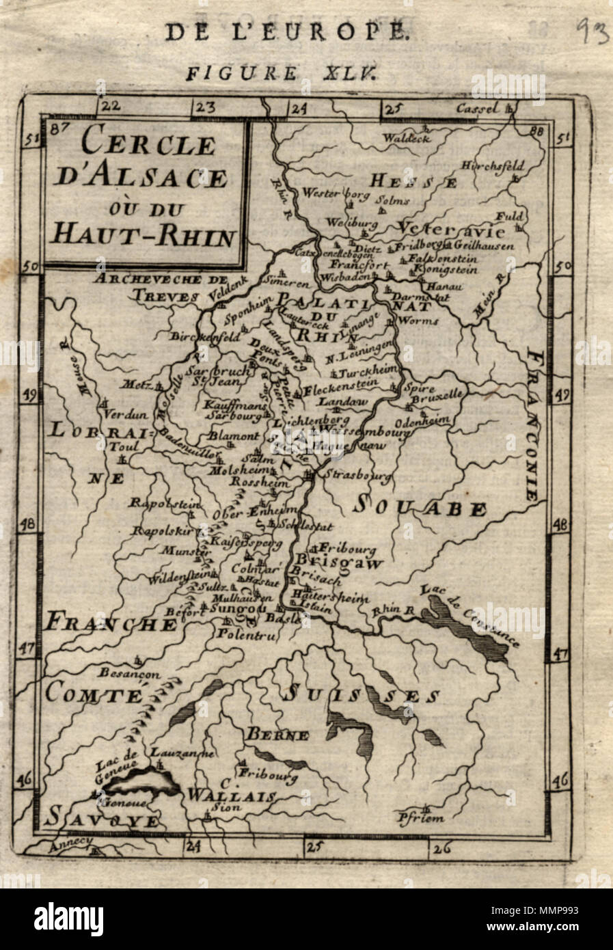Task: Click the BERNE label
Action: click(277, 735)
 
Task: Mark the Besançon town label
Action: click(128, 673)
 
